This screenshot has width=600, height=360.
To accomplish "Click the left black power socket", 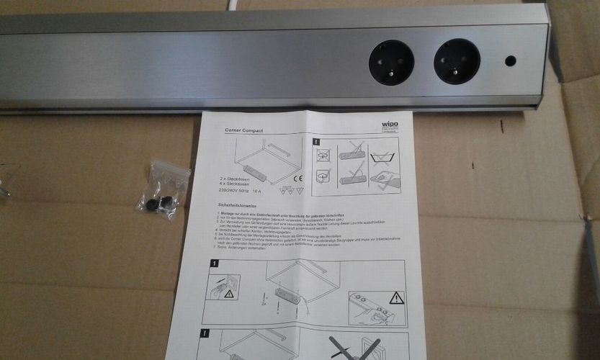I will coord(392,61).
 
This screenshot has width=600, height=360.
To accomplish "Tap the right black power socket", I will coord(457,61).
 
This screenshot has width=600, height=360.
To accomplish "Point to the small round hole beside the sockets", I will coord(510,61).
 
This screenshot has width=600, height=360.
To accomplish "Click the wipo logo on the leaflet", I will coord(390,125).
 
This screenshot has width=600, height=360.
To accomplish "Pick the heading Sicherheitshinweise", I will coord(240,206).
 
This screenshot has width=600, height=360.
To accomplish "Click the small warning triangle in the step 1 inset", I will coord(229,294).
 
